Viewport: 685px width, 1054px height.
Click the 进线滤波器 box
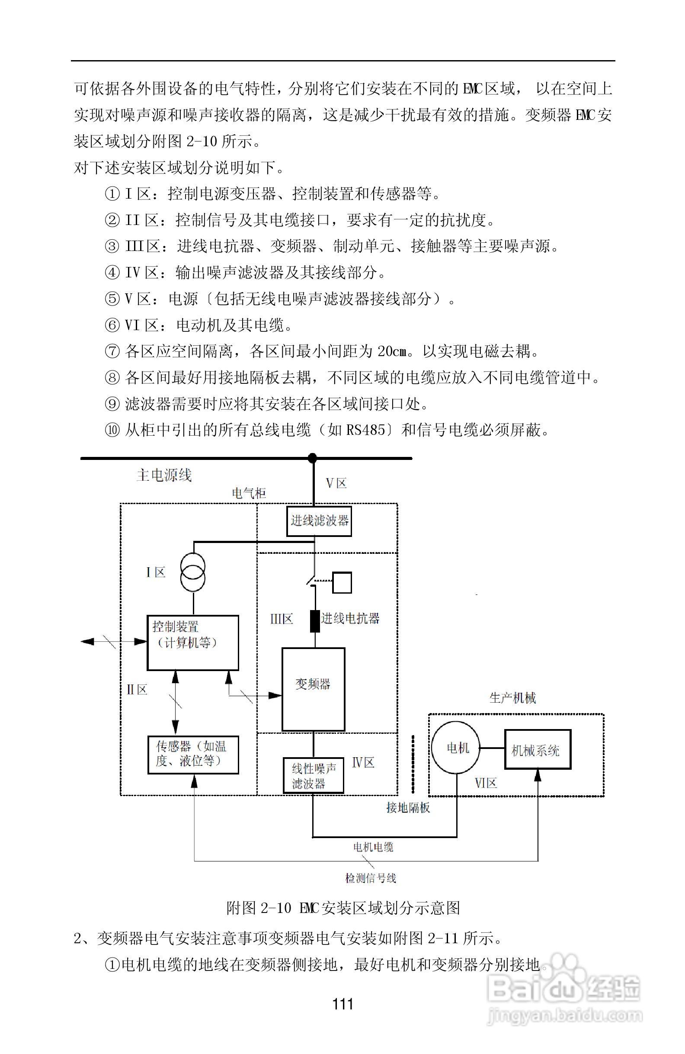(x=319, y=521)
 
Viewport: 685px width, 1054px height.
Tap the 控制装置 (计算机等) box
(x=192, y=642)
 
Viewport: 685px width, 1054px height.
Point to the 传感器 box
(x=192, y=754)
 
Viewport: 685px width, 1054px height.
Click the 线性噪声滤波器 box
(x=313, y=775)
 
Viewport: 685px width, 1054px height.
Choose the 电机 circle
(x=457, y=748)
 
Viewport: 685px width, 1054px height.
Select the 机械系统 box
(x=538, y=749)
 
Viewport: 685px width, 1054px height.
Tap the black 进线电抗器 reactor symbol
(x=315, y=621)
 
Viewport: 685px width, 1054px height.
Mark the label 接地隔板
(x=408, y=808)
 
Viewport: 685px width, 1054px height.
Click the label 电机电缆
(x=373, y=847)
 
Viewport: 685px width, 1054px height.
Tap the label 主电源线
(x=164, y=476)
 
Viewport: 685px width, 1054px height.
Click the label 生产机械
(x=512, y=698)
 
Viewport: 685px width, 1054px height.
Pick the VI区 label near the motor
(x=486, y=784)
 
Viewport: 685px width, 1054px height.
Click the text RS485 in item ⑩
(x=365, y=430)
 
